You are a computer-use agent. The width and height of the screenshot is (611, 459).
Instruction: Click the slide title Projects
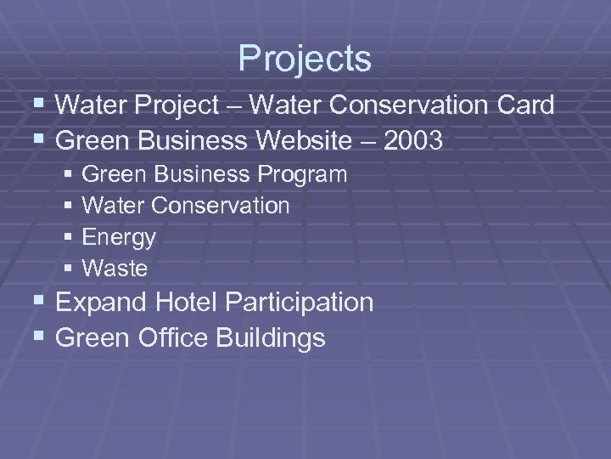click(305, 59)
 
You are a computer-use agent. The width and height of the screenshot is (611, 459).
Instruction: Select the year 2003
click(413, 140)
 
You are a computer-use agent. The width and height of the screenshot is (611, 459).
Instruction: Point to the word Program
click(302, 175)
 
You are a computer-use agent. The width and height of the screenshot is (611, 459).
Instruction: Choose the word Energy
click(119, 238)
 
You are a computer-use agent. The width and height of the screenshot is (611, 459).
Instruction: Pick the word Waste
click(115, 269)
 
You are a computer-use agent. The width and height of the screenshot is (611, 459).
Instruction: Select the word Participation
click(303, 302)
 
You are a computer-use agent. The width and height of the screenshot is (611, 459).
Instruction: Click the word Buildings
click(271, 337)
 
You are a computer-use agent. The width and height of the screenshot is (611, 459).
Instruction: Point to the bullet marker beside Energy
click(69, 237)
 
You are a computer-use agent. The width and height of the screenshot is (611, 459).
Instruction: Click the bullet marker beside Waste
click(69, 269)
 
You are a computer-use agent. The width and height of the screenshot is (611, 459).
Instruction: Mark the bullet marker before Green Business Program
click(69, 174)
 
